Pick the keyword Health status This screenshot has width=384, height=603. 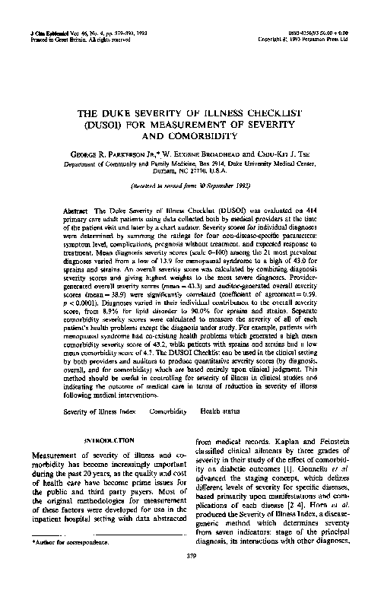(x=215, y=410)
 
